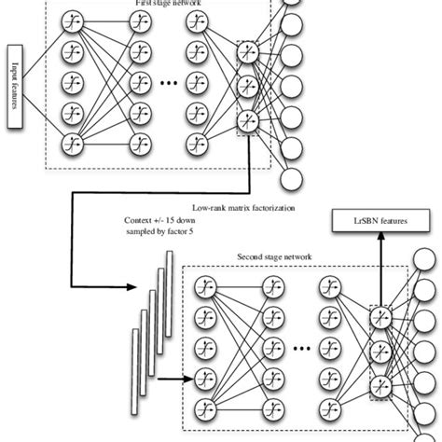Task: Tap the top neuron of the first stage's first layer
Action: [72, 20]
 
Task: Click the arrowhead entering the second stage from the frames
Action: [184, 380]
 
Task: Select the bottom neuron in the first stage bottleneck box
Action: [249, 119]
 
